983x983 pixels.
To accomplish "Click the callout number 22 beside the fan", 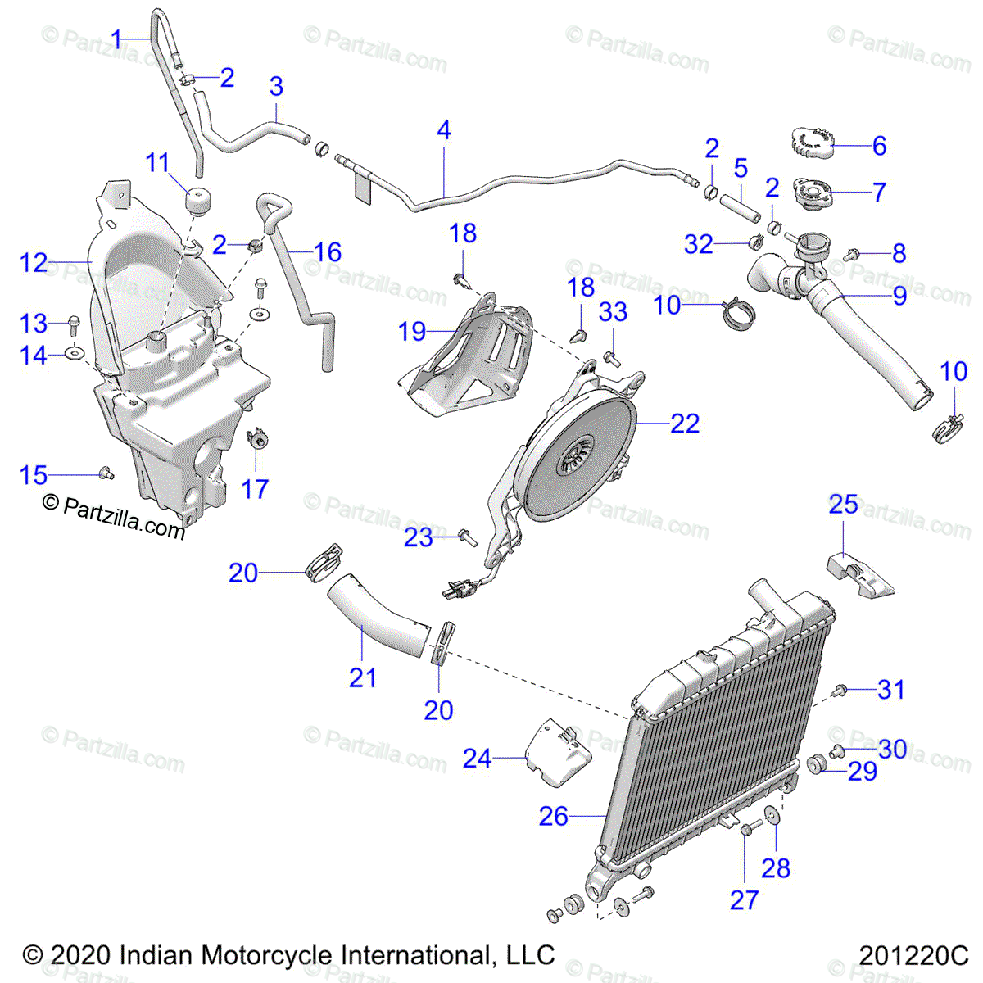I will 685,424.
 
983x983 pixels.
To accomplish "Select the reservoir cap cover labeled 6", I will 812,146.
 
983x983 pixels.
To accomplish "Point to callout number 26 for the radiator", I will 554,816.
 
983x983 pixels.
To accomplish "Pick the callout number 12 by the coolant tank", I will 34,263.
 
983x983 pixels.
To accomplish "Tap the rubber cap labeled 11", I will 197,201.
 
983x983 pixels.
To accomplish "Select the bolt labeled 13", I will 73,324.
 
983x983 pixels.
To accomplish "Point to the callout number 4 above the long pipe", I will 444,130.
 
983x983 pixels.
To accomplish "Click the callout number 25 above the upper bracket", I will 843,505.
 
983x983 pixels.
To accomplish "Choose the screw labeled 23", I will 468,537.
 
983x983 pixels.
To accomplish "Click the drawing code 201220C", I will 913,955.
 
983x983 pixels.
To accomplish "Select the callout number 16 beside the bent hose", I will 328,252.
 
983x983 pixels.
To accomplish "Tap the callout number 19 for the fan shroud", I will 412,332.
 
